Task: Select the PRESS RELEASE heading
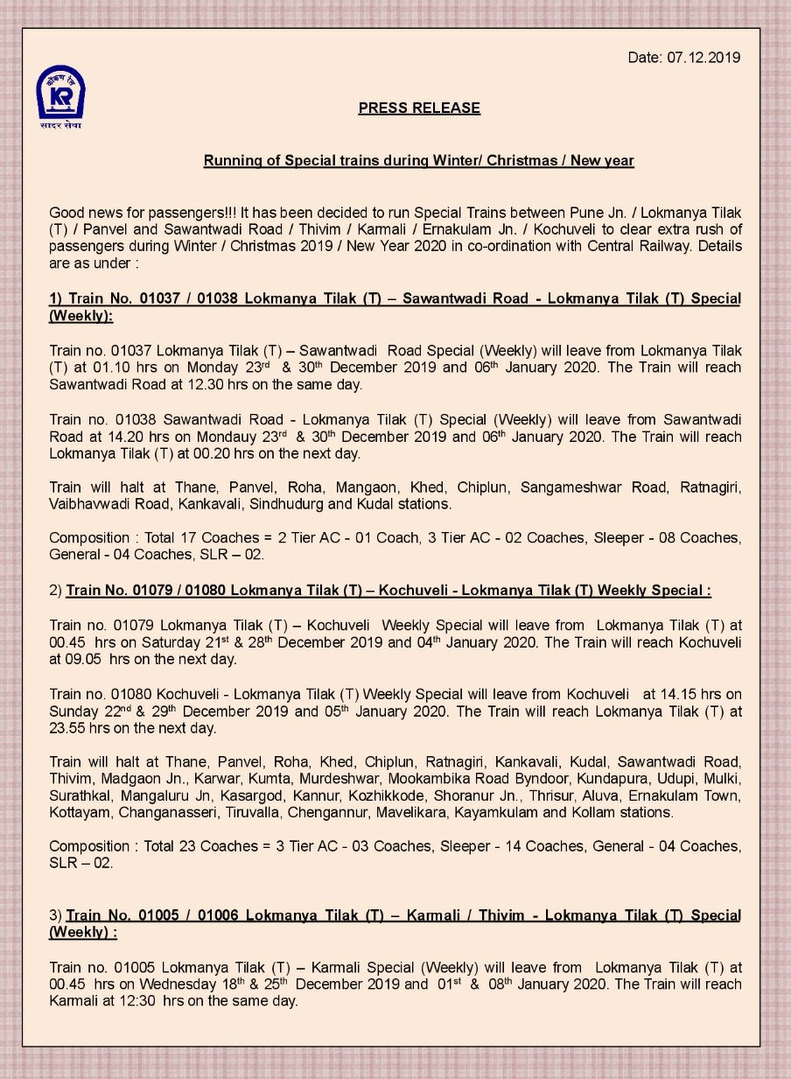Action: coord(419,109)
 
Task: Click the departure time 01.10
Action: coord(97,368)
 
